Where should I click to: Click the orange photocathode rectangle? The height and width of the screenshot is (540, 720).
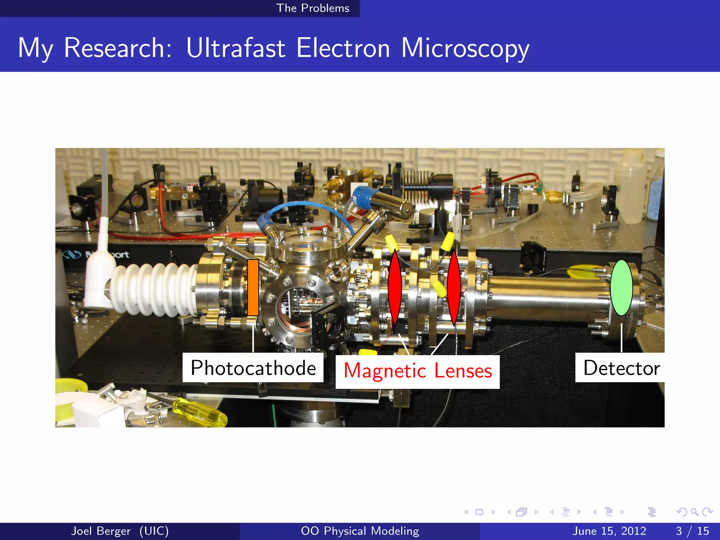(253, 287)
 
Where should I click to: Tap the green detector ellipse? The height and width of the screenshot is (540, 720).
(621, 287)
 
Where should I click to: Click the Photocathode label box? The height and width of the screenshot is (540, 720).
(253, 368)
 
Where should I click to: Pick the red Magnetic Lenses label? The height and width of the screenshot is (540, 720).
(417, 371)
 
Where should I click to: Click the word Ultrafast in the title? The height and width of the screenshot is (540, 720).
(236, 48)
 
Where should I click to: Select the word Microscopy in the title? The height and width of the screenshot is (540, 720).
(465, 48)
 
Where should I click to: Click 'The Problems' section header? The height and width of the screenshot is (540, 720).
(313, 8)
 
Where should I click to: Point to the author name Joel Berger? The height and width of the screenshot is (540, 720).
(101, 531)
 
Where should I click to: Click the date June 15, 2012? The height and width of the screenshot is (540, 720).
(609, 531)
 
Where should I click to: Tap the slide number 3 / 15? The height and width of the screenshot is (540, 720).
(692, 531)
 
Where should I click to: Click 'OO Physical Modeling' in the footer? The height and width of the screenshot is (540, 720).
(360, 531)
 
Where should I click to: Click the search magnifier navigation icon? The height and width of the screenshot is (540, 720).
(694, 512)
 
